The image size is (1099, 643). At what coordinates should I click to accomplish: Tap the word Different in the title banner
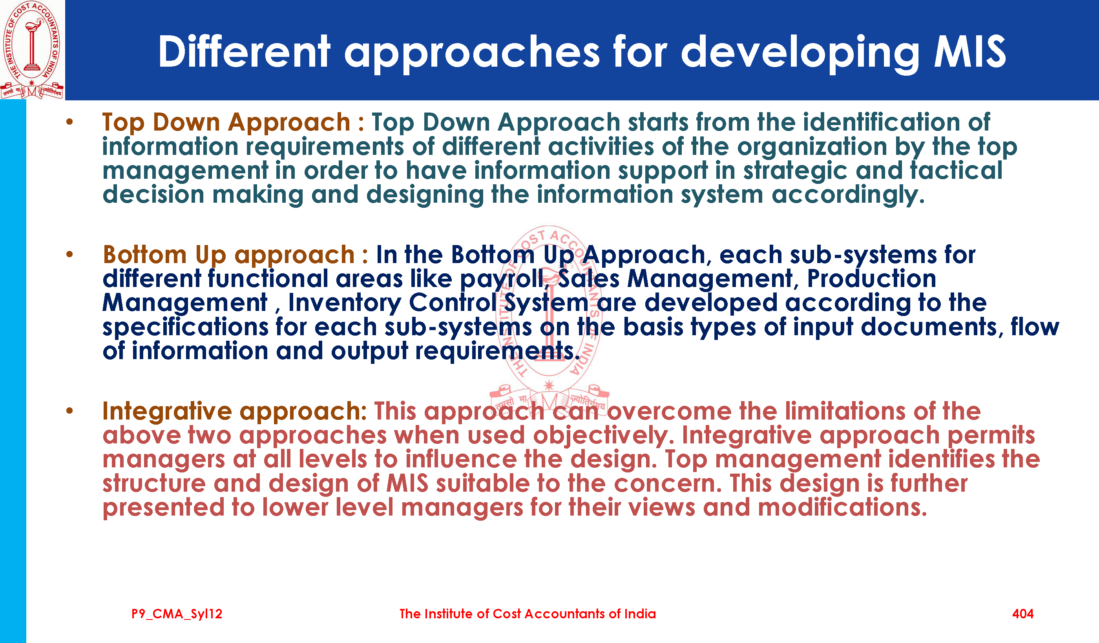(244, 51)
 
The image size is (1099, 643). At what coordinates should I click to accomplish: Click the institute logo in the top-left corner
(32, 50)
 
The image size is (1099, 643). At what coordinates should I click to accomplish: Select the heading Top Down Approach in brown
(226, 122)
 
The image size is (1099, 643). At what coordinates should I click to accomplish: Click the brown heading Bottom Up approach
(228, 255)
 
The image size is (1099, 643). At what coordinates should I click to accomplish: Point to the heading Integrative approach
(235, 411)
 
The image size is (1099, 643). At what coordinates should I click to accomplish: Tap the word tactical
(956, 170)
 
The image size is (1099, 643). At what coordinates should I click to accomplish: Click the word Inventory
(345, 303)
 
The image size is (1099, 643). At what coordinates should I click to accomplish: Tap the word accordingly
(848, 195)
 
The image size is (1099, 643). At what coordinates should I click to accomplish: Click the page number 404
(1023, 614)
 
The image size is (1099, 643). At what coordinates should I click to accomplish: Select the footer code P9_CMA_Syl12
(177, 614)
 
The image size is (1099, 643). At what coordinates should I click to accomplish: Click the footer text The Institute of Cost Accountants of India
(528, 614)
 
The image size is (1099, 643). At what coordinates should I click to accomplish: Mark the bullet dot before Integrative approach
(69, 411)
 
